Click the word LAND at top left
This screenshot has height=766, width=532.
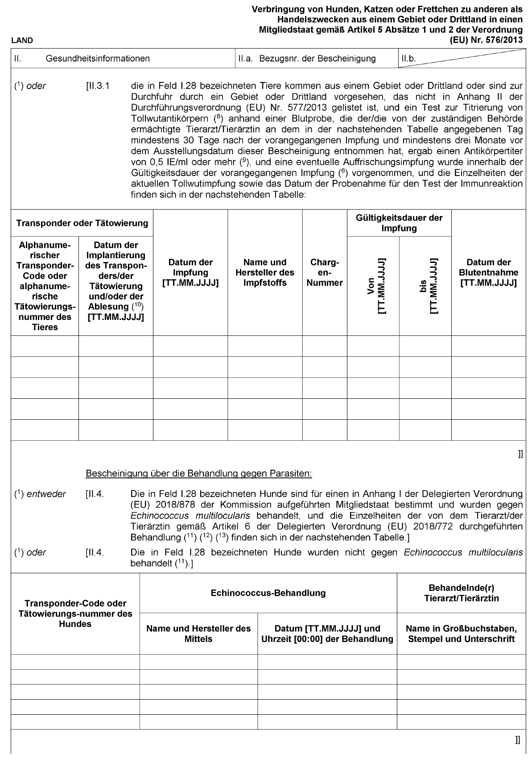(22, 41)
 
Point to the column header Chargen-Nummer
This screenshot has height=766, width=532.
(325, 272)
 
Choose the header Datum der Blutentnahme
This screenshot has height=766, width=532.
(488, 272)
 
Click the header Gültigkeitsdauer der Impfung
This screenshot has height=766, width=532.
(399, 223)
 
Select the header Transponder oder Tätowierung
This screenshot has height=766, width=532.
(82, 223)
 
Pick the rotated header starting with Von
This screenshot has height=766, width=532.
(373, 286)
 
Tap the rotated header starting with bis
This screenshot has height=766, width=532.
(425, 286)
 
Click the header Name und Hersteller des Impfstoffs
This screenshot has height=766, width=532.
(265, 272)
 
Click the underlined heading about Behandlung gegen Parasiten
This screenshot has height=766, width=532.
(198, 473)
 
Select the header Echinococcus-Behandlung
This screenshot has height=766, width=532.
(268, 593)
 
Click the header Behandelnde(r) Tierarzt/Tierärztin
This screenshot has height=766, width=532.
(461, 593)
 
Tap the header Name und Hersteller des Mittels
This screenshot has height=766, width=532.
(198, 634)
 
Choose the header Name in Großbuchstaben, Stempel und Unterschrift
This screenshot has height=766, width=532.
(461, 634)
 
